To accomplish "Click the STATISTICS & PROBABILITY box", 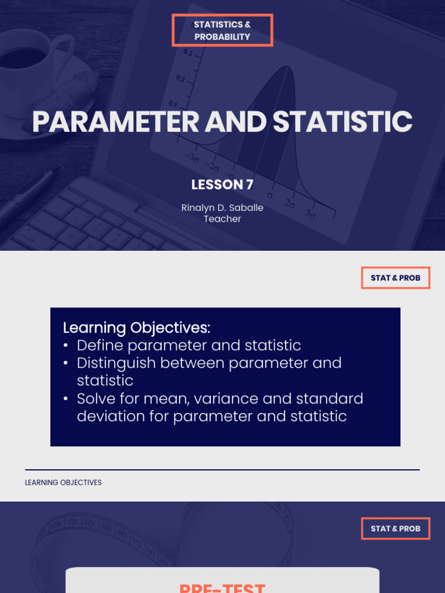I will tap(222, 31).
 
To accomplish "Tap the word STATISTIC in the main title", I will tap(342, 122).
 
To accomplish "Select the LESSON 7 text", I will tap(222, 185).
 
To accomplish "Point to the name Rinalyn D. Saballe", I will tap(222, 207).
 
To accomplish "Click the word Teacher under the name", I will tap(222, 219).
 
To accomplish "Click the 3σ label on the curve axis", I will tap(311, 215).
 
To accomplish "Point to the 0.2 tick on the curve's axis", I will tap(180, 79).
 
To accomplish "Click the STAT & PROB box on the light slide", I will tap(396, 278).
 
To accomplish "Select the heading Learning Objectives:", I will tap(137, 328).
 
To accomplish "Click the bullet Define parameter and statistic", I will tap(189, 346).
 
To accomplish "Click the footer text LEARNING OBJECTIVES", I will tap(63, 482).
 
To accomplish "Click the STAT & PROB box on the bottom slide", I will tap(396, 529).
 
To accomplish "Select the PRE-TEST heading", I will tap(222, 586).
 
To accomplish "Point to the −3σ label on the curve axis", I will tap(192, 157).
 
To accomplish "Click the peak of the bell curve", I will tap(286, 67).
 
